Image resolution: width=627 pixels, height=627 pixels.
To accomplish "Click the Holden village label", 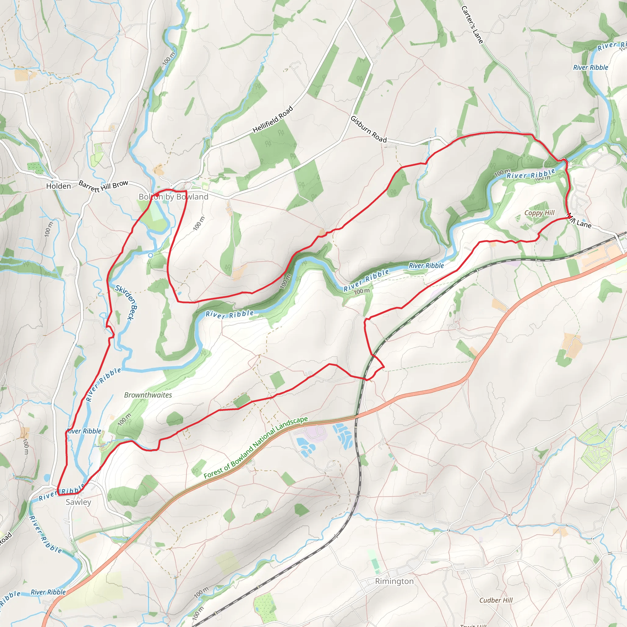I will pos(58,186).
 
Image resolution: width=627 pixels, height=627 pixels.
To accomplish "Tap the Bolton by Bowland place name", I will pos(173,197).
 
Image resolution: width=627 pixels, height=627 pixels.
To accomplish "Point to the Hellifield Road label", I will pos(272,119).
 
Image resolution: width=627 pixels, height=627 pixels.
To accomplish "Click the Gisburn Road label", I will pos(369,130).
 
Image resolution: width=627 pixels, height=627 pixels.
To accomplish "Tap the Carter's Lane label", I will pos(472,24).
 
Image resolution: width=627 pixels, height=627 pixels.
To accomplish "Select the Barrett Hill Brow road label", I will pos(103,186).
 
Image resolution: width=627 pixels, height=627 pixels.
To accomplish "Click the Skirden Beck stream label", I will pos(126,302).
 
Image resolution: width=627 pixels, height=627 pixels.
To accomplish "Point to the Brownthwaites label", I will pos(148,395).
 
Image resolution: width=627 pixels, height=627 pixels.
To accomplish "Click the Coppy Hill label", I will pos(539,213).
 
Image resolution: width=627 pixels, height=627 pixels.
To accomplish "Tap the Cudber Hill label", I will pos(496,600).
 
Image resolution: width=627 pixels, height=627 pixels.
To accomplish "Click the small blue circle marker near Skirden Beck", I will pos(151,255).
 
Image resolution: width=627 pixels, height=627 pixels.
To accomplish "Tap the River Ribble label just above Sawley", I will pos(62,491).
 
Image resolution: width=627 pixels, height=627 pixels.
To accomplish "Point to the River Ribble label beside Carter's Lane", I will pos(590,67).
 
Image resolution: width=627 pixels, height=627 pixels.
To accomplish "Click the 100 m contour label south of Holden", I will pos(48,229).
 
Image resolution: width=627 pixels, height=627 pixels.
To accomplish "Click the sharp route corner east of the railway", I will pos(384,367).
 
